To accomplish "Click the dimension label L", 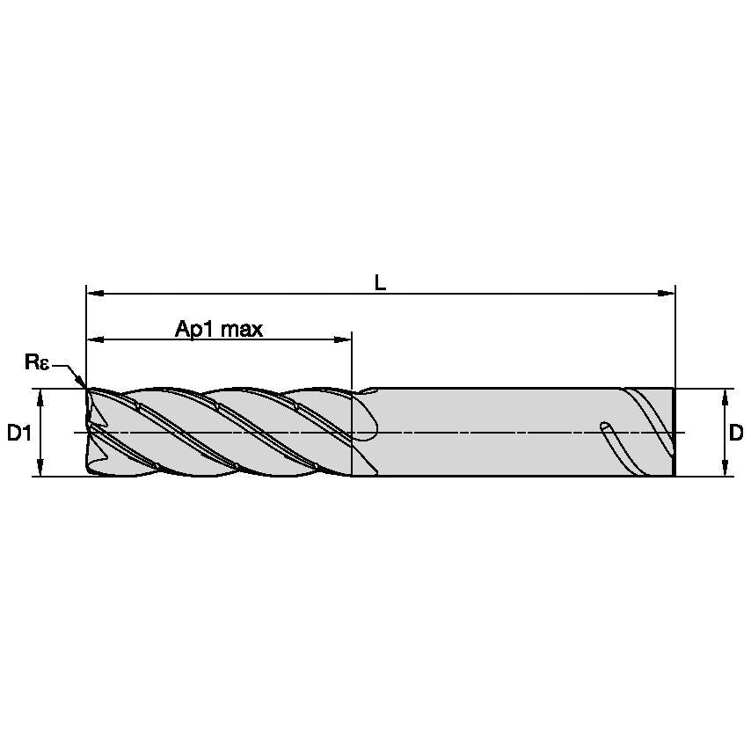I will [x=380, y=281].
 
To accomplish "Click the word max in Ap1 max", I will [x=242, y=330].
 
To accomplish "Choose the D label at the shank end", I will [x=736, y=433].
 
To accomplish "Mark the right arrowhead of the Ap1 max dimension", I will [x=345, y=339].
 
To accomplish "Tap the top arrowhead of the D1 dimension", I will [x=40, y=397].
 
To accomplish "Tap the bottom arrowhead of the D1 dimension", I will [x=40, y=469].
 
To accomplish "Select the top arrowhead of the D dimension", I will [x=724, y=397].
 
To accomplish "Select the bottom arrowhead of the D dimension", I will [x=724, y=469].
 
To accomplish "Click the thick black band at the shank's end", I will [x=673, y=432].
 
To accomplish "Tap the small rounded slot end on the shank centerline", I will [x=605, y=427].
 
